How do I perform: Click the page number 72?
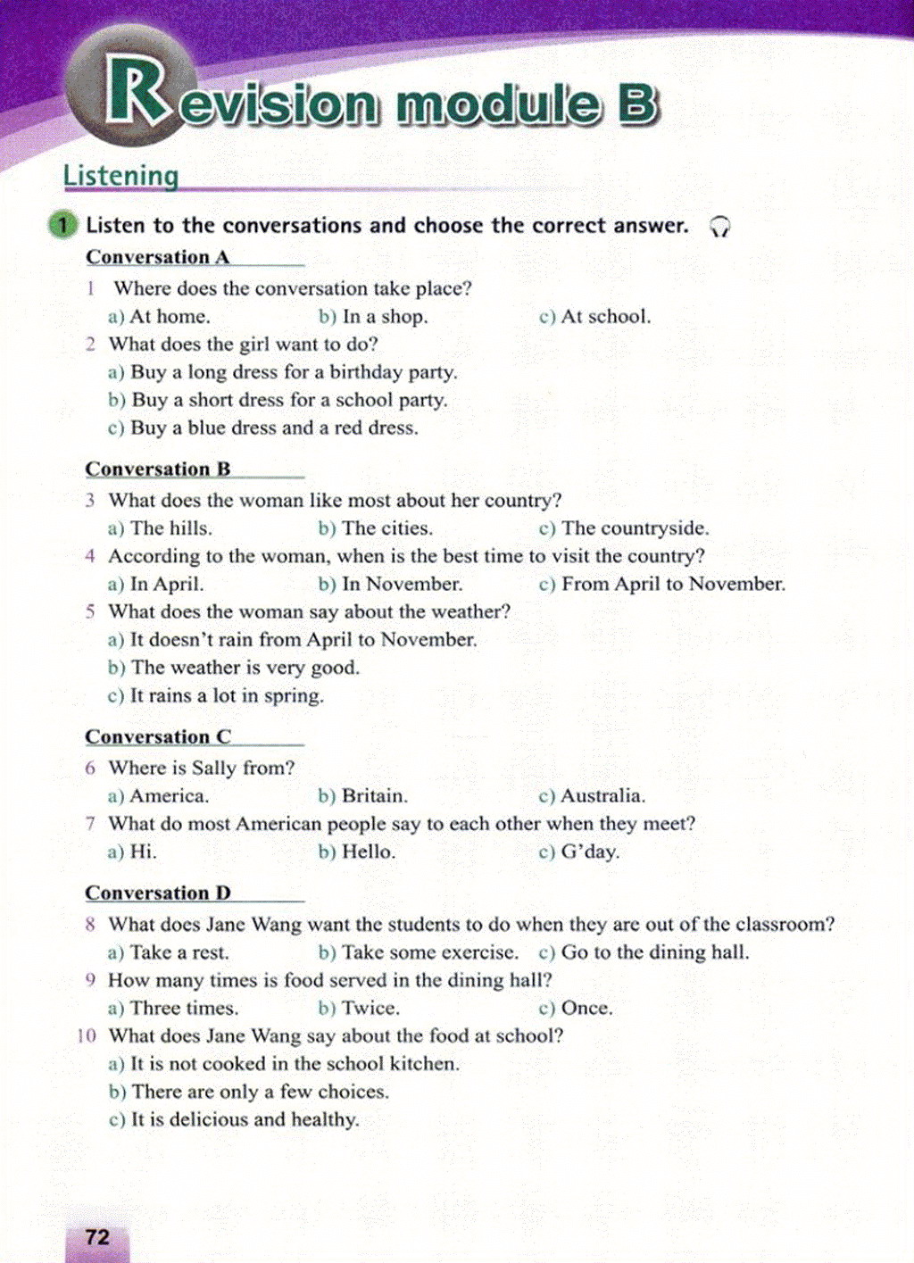point(97,1236)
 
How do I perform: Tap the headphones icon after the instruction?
point(719,227)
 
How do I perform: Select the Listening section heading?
point(120,176)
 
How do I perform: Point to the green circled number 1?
point(63,225)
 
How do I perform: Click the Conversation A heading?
point(157,257)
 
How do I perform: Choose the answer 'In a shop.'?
point(385,316)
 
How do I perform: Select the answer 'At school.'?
point(605,316)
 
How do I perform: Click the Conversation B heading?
point(157,469)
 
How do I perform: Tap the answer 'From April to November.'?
point(672,584)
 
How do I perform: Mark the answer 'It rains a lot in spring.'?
point(227,695)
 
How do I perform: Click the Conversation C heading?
point(157,737)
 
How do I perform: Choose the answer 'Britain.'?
point(374,795)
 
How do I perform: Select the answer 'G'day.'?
point(589,852)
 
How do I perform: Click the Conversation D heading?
point(157,893)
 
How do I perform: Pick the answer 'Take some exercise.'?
point(429,952)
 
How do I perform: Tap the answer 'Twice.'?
point(370,1008)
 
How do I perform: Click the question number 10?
point(87,1036)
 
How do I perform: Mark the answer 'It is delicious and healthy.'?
point(245,1119)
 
